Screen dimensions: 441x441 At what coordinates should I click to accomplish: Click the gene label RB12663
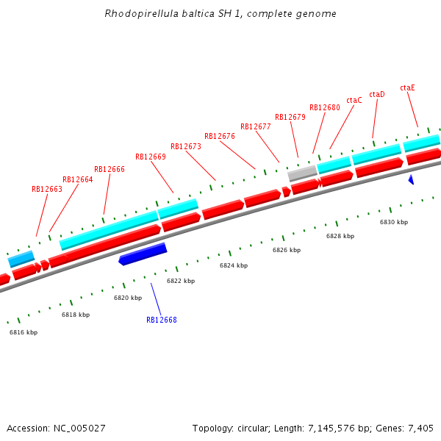click(x=47, y=189)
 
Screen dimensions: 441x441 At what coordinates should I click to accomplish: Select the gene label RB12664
click(x=78, y=179)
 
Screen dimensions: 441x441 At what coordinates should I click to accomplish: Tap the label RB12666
click(x=110, y=169)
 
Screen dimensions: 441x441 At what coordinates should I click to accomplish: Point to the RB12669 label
click(x=151, y=157)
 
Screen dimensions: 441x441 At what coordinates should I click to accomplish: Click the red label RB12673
click(x=186, y=146)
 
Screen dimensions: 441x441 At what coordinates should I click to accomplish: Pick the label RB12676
click(x=220, y=136)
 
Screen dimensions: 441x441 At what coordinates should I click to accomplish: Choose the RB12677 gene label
click(x=256, y=126)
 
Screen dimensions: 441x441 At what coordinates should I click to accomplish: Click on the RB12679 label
click(x=290, y=117)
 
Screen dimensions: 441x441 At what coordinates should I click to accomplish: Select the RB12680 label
click(x=325, y=107)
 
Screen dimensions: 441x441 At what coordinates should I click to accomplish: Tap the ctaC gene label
click(x=354, y=100)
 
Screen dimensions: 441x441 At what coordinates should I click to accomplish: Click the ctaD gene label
click(x=377, y=94)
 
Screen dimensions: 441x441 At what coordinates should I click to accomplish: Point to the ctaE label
click(x=407, y=87)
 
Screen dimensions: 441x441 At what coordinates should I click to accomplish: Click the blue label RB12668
click(x=162, y=320)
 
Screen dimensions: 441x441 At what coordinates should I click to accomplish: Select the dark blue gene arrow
click(x=143, y=254)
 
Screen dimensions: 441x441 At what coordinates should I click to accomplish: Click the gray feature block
click(x=302, y=173)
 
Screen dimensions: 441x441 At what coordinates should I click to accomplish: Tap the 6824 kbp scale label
click(x=234, y=265)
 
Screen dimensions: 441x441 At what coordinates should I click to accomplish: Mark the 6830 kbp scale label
click(x=394, y=222)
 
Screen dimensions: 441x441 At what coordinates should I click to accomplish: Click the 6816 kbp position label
click(x=24, y=332)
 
